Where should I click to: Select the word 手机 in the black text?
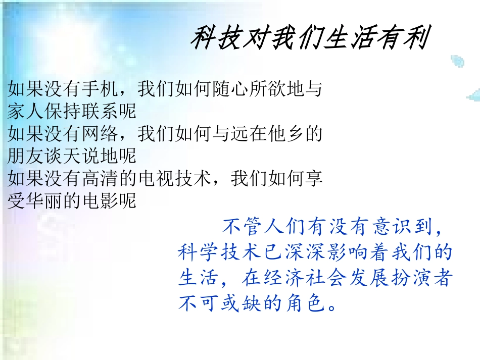coord(96,90)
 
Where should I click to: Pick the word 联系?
coord(96,109)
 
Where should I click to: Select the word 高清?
coord(96,179)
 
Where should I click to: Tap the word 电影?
coord(96,200)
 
